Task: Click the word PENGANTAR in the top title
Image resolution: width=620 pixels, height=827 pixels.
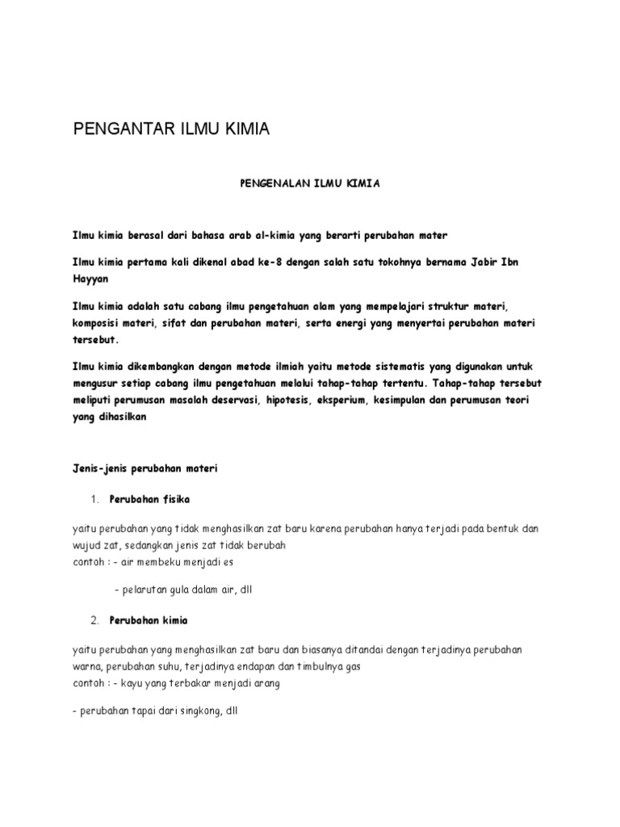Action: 118,130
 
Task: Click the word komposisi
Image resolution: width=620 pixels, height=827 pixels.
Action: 98,323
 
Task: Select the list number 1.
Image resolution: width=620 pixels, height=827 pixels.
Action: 94,498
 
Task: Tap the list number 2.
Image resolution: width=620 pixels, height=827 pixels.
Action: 94,620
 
